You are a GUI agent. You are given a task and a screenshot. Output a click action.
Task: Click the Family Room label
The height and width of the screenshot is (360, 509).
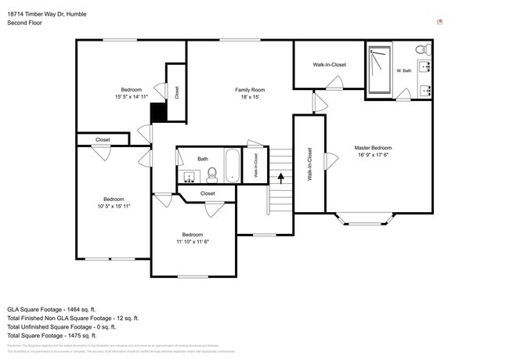pyautogui.click(x=251, y=90)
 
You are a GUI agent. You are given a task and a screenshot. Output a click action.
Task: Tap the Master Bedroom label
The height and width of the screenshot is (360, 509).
pyautogui.click(x=373, y=148)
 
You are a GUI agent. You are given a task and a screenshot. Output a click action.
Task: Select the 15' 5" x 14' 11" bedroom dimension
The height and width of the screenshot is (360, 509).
pyautogui.click(x=131, y=97)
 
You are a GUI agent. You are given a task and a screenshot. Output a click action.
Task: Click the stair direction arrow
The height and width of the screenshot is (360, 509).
pyautogui.click(x=280, y=178)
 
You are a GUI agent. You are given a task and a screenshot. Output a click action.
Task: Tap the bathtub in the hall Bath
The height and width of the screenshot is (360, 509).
pyautogui.click(x=233, y=165)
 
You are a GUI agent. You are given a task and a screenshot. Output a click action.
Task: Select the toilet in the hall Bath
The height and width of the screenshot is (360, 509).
pyautogui.click(x=211, y=174)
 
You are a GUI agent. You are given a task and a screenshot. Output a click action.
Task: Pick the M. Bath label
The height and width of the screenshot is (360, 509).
pyautogui.click(x=404, y=71)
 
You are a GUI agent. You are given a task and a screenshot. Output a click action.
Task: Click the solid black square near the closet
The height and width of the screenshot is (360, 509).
pyautogui.click(x=158, y=113)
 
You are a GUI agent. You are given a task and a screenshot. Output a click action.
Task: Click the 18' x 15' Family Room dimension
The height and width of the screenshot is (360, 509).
pyautogui.click(x=251, y=97)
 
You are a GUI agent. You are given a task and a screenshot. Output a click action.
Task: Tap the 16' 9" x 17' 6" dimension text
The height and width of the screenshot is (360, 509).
pyautogui.click(x=373, y=155)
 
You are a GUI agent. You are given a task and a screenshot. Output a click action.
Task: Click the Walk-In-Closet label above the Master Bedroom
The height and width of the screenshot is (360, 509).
pyautogui.click(x=329, y=65)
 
